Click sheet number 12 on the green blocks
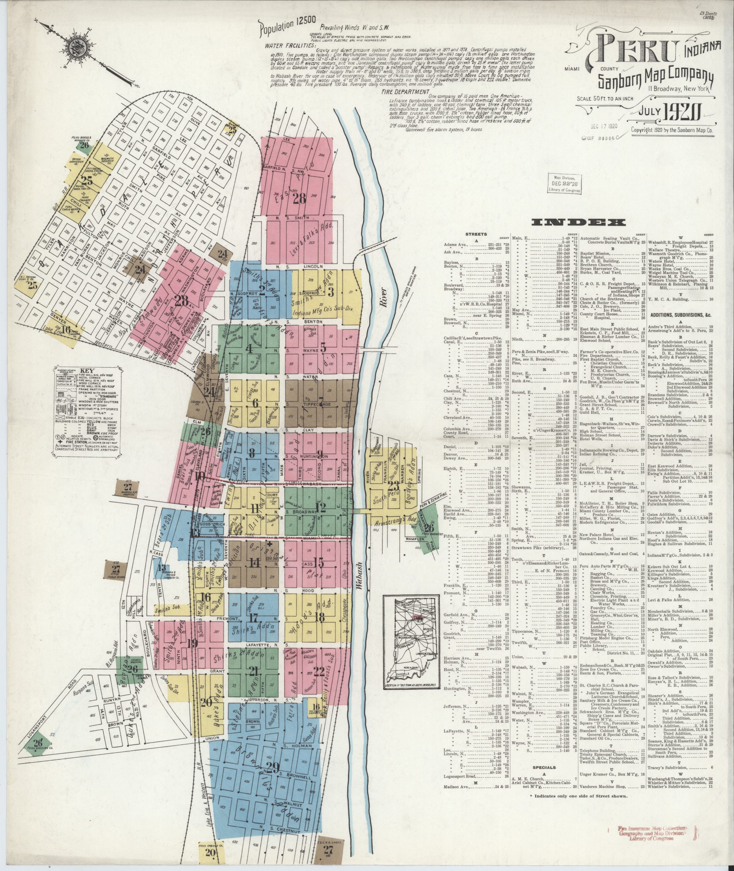321,507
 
